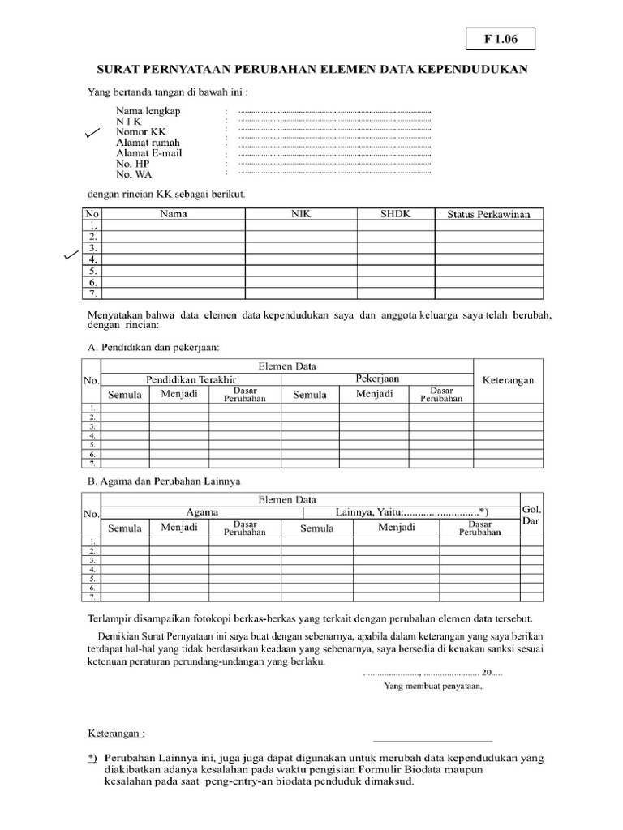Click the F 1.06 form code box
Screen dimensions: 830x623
click(500, 37)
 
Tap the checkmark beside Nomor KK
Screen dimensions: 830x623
click(93, 133)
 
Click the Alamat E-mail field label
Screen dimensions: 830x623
click(149, 152)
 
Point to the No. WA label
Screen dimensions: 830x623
click(134, 173)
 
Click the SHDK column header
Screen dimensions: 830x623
click(395, 214)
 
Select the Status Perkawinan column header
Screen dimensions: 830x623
click(488, 214)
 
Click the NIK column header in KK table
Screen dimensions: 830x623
click(301, 214)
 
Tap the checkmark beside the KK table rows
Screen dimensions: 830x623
click(72, 256)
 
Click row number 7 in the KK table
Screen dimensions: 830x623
click(92, 293)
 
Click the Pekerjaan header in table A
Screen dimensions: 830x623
click(377, 379)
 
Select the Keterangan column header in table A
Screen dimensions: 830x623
click(508, 380)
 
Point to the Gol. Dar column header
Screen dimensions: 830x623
click(531, 516)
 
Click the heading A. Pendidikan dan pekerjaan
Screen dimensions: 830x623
click(153, 347)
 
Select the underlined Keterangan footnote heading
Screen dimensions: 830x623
click(116, 734)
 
